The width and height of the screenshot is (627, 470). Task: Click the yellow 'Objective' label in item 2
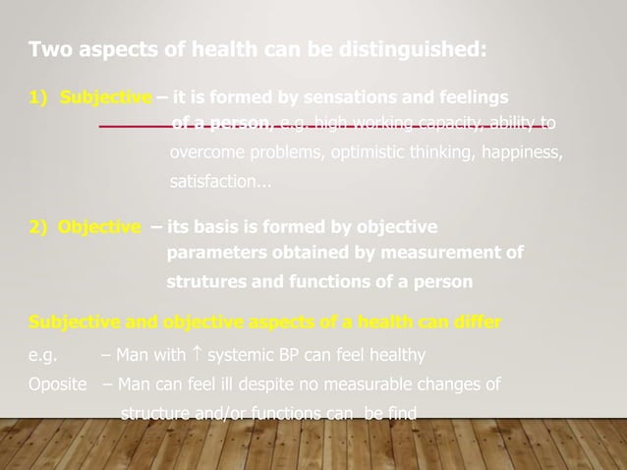[x=98, y=227]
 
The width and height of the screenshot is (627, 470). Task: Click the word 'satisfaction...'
[x=221, y=182]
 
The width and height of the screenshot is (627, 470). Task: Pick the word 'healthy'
[x=392, y=354]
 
